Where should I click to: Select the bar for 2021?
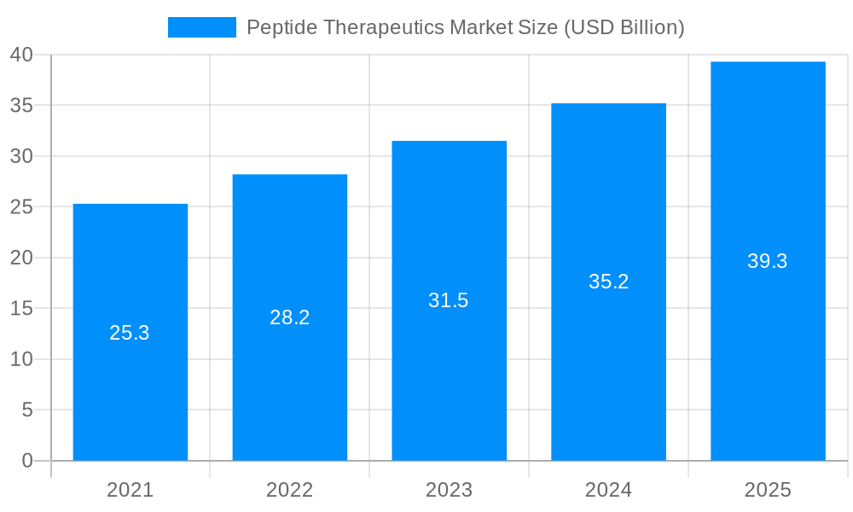pos(130,393)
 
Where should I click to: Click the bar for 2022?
pos(289,384)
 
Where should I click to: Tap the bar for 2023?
pos(449,375)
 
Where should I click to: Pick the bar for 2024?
pos(608,358)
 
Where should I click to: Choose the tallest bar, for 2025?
pos(768,341)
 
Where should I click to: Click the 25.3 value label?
pos(130,333)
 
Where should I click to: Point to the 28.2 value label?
pos(289,317)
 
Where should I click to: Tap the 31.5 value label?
pos(449,300)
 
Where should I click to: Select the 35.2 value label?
pos(608,282)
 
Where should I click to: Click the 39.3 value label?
pos(768,261)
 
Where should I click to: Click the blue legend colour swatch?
pos(202,27)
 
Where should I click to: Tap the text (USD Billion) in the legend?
pos(624,27)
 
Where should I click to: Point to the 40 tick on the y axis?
pos(21,55)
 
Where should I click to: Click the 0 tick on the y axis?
pos(27,461)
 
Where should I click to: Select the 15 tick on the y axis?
pos(21,308)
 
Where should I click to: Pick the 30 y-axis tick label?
pos(21,156)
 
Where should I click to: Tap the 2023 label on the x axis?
pos(449,490)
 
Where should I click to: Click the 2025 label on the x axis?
pos(768,490)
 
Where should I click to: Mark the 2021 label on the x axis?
pos(130,490)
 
